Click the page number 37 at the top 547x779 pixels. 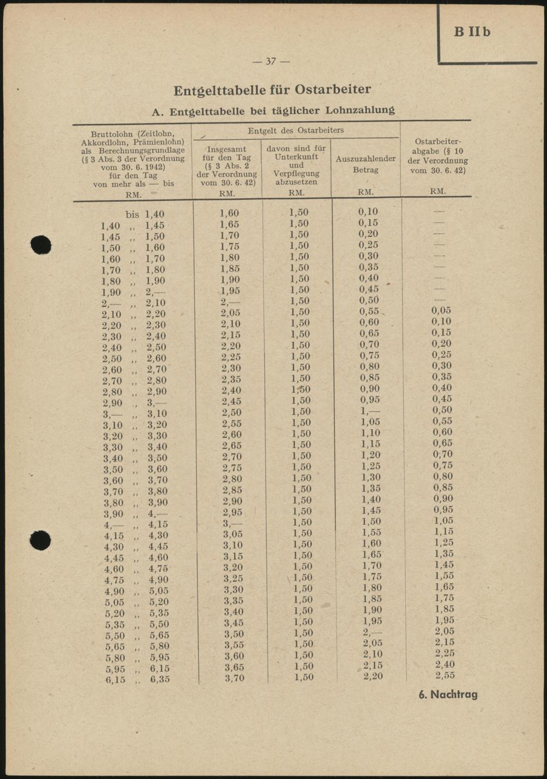point(271,61)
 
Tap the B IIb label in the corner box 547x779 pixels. point(472,32)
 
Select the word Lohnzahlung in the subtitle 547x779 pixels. point(360,110)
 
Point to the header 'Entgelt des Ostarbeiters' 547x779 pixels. point(295,131)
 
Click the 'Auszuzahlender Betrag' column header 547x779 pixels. point(365,164)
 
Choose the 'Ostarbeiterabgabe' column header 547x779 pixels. point(438,155)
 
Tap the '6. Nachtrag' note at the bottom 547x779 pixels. point(448,695)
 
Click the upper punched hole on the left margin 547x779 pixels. point(41,244)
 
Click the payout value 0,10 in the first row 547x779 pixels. point(368,212)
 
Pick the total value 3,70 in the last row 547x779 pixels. point(234,678)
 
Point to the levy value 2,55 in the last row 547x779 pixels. point(445,675)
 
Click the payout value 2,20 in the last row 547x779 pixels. point(373,676)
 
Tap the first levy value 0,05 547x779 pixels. point(441,311)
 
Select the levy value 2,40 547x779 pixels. point(445,664)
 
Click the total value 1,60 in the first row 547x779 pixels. point(229,213)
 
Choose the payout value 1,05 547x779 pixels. point(370,422)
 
